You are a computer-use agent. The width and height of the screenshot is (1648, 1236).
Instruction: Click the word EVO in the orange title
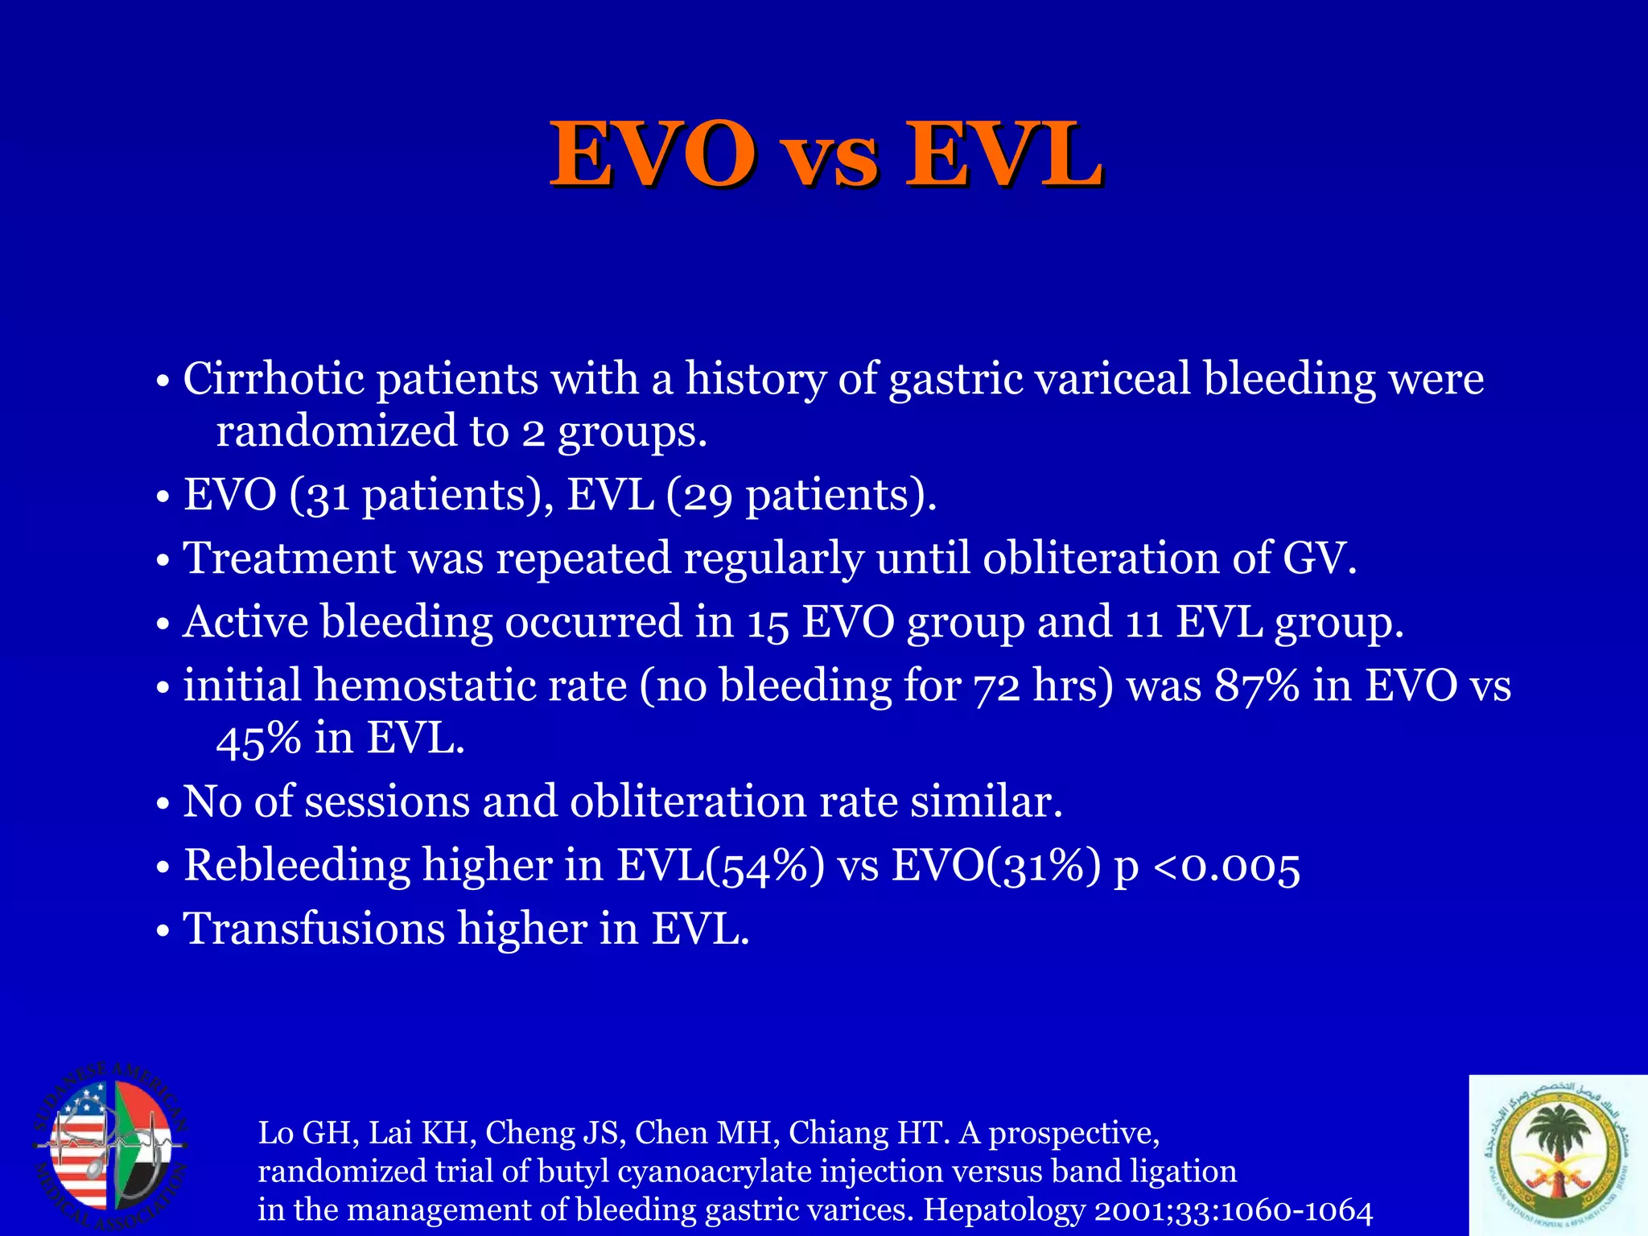point(653,154)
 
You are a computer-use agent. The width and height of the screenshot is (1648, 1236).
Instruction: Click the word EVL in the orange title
point(1003,154)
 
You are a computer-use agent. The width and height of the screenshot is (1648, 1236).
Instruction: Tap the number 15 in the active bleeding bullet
point(768,623)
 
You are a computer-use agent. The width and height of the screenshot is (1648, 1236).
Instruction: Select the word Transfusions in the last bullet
point(314,929)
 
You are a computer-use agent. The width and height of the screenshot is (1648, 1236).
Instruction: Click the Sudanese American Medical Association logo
point(111,1146)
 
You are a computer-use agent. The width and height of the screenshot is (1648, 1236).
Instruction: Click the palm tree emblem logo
point(1556,1154)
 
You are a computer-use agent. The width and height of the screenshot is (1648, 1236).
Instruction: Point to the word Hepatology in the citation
point(1003,1209)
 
